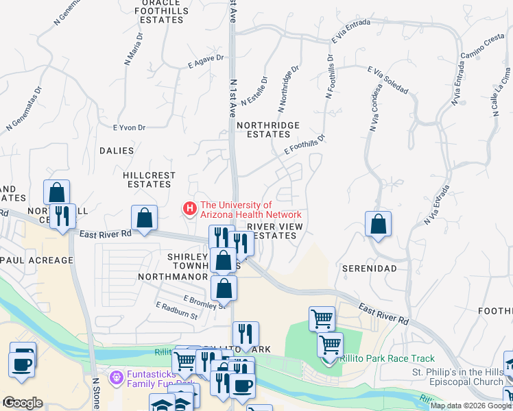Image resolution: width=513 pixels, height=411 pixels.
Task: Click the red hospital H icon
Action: point(188,207)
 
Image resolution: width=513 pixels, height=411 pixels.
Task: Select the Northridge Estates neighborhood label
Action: point(268,129)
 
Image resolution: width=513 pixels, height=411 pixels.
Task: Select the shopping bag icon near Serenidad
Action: point(378,224)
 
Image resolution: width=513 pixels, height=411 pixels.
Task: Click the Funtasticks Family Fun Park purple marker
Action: point(116,376)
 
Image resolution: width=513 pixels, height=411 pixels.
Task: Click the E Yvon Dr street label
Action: point(129,127)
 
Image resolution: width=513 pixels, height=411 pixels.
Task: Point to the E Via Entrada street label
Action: point(350,30)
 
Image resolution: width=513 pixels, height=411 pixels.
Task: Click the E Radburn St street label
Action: point(176,311)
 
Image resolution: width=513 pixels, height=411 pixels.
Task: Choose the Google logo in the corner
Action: point(23,403)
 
